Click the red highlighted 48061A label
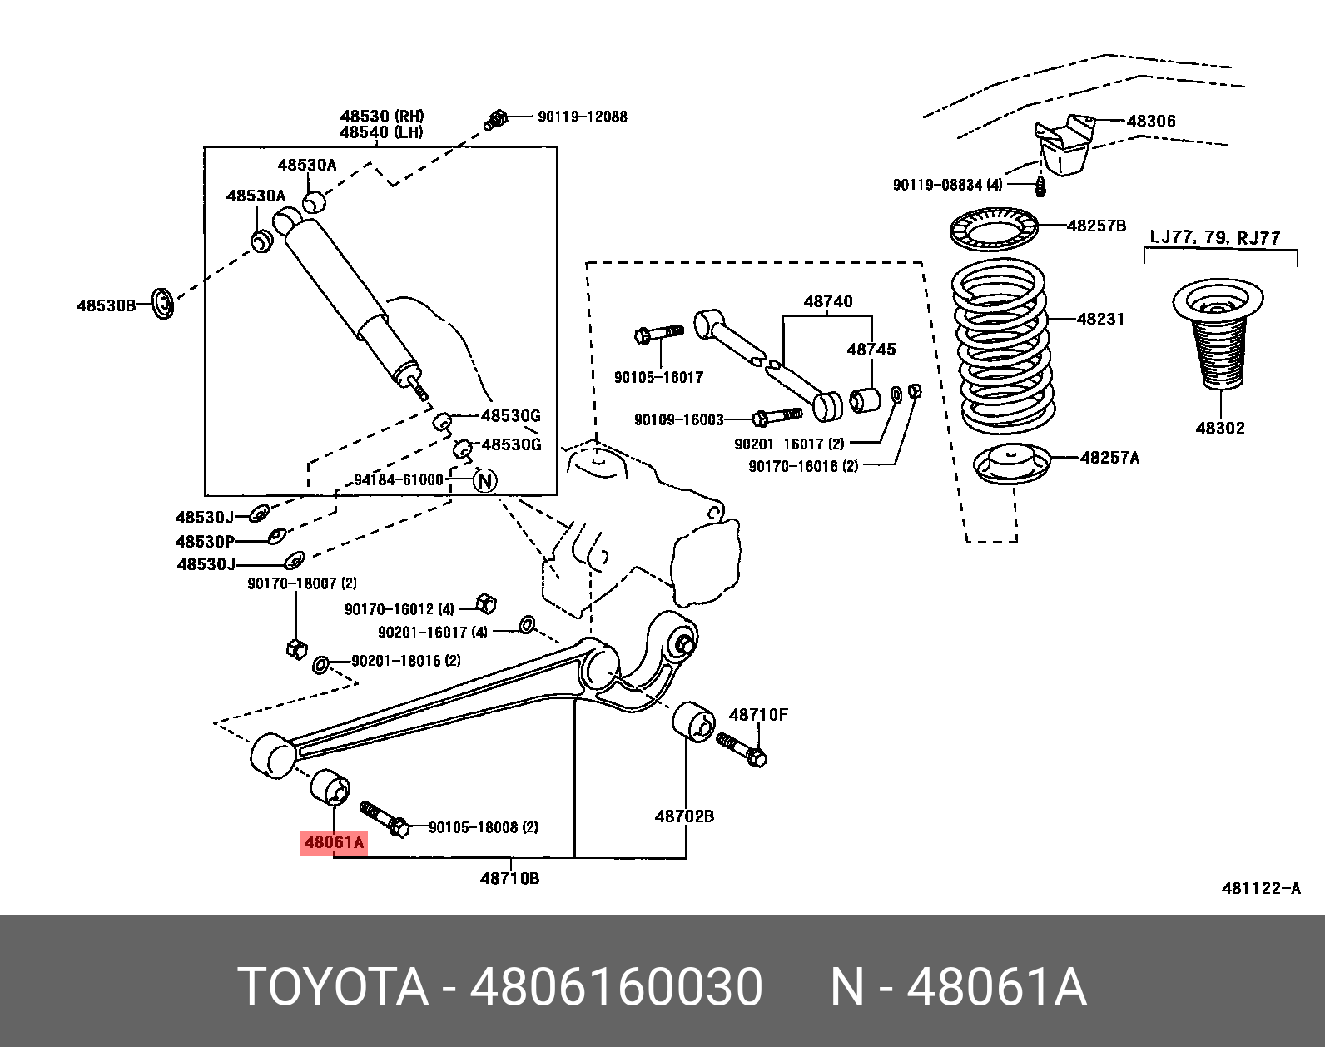334,843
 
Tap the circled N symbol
485,481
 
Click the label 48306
1151,122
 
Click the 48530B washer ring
164,303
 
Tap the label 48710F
757,714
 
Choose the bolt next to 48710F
742,747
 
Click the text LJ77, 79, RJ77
1214,238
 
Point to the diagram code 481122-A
1260,888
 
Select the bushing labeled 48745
865,399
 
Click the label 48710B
509,877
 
